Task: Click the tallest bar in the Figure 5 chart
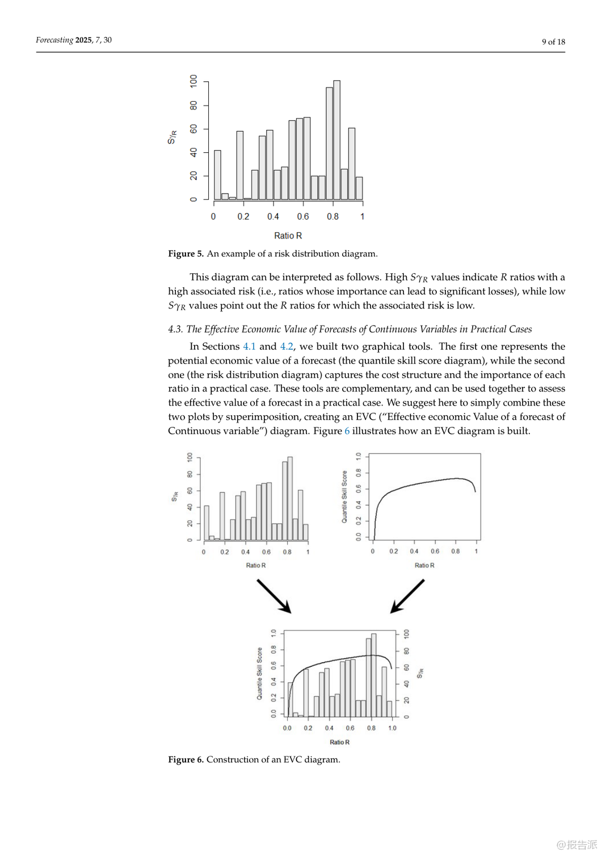336,140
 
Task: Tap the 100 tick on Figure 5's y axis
194,81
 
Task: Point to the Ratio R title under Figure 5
288,236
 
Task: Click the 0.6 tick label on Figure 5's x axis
303,216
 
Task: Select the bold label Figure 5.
186,254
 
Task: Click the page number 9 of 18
553,41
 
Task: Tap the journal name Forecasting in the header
54,40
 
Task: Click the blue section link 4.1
249,346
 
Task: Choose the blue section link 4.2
287,346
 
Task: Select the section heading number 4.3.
175,329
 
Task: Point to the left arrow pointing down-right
274,596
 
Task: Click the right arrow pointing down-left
407,596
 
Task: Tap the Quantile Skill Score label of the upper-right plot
344,496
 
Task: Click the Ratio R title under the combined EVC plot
339,742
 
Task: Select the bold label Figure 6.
186,760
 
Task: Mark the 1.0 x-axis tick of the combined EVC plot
392,728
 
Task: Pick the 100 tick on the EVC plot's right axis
406,634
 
